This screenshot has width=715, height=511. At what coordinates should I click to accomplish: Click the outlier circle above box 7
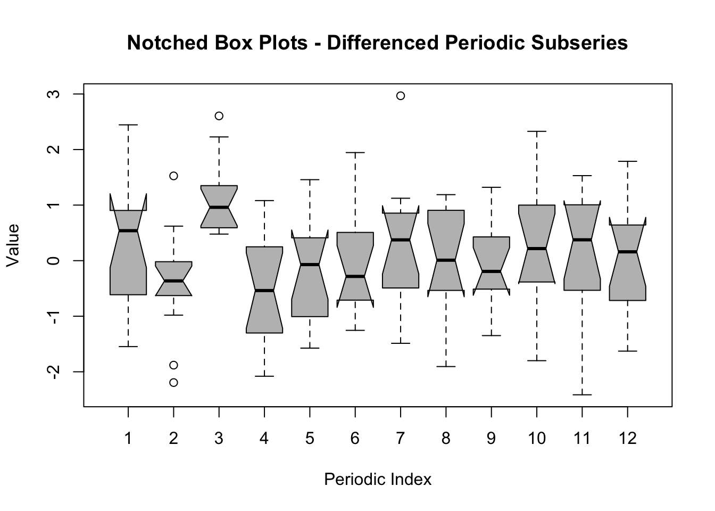pos(401,96)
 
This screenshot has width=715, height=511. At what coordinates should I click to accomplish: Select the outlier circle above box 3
pos(219,116)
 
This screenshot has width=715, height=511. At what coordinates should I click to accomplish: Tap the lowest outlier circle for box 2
pos(173,382)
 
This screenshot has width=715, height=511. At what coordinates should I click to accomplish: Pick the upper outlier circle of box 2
pos(173,176)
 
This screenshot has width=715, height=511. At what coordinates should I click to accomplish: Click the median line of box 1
pos(128,230)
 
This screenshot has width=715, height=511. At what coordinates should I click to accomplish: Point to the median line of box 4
pos(264,290)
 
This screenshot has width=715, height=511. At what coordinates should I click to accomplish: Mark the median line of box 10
pos(537,249)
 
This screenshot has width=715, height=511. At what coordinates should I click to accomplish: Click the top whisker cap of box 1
pos(128,125)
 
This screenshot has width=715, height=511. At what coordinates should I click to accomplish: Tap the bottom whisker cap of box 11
pos(582,394)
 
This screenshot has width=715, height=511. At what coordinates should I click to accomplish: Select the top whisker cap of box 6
pos(355,152)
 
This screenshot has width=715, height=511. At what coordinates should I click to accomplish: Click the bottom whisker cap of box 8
pos(446,366)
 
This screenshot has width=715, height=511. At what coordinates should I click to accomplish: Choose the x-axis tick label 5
pos(310,438)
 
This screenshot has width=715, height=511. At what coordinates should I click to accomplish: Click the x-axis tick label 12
pos(628,438)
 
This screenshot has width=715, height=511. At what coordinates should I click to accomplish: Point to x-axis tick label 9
pos(491,438)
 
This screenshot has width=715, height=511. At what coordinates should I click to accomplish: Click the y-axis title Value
pos(13,245)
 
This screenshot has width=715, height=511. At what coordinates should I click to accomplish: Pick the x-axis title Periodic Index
pos(378,480)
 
